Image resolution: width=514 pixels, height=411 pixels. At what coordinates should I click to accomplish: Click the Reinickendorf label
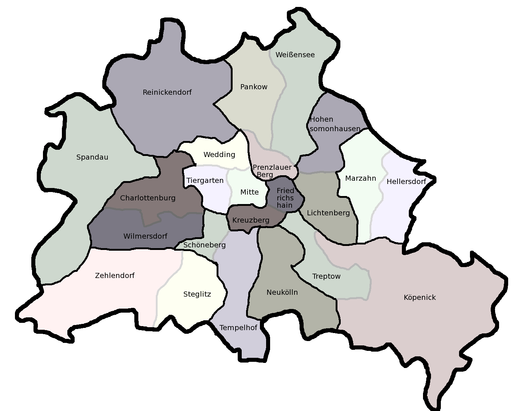click(167, 92)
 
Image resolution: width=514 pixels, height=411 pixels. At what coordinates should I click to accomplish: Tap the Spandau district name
click(92, 157)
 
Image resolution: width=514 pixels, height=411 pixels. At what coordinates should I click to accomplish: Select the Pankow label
click(254, 87)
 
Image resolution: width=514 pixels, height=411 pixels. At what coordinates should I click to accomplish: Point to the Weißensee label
click(295, 55)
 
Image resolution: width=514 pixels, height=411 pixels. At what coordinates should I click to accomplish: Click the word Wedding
click(219, 154)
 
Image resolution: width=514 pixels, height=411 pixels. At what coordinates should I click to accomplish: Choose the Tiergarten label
click(205, 180)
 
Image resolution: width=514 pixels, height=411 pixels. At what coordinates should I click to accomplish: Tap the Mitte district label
click(249, 192)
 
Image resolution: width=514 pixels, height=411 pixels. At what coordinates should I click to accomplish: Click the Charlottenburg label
click(148, 198)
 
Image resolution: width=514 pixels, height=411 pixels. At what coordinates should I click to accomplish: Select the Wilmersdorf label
click(145, 236)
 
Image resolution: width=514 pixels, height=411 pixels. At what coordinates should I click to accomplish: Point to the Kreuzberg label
click(251, 220)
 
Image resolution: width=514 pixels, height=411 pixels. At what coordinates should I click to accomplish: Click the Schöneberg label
click(205, 245)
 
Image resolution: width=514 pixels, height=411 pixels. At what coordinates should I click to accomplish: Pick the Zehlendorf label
click(115, 275)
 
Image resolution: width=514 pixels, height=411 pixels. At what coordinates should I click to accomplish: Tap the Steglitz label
click(197, 294)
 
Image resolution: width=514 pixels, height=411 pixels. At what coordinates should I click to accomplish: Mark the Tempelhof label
click(238, 328)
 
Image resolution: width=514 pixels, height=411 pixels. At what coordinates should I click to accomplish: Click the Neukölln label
click(282, 292)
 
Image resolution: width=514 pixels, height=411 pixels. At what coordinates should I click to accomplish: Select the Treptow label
click(326, 276)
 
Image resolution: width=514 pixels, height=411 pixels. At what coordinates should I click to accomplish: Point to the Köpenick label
click(419, 297)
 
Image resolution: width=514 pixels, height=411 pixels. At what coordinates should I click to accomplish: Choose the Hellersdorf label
click(406, 181)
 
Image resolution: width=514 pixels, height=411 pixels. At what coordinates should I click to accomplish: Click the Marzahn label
click(360, 178)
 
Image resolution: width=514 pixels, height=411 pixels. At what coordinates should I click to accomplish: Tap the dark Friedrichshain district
click(285, 198)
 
